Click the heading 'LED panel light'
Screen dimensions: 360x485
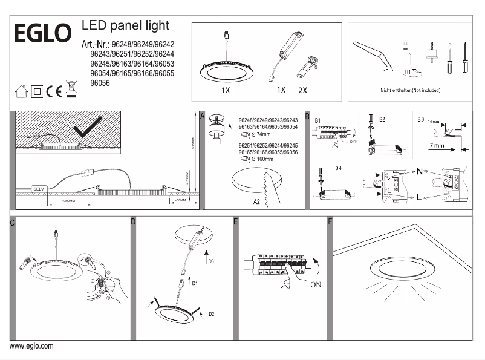tap(125, 25)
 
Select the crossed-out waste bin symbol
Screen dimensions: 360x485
tap(71, 90)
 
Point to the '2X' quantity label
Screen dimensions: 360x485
tap(303, 90)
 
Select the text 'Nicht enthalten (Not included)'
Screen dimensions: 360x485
tap(410, 90)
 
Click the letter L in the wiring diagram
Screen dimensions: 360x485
tap(418, 197)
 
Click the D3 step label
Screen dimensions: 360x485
tap(211, 261)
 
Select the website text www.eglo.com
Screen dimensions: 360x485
tap(31, 346)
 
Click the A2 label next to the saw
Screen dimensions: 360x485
tap(256, 201)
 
